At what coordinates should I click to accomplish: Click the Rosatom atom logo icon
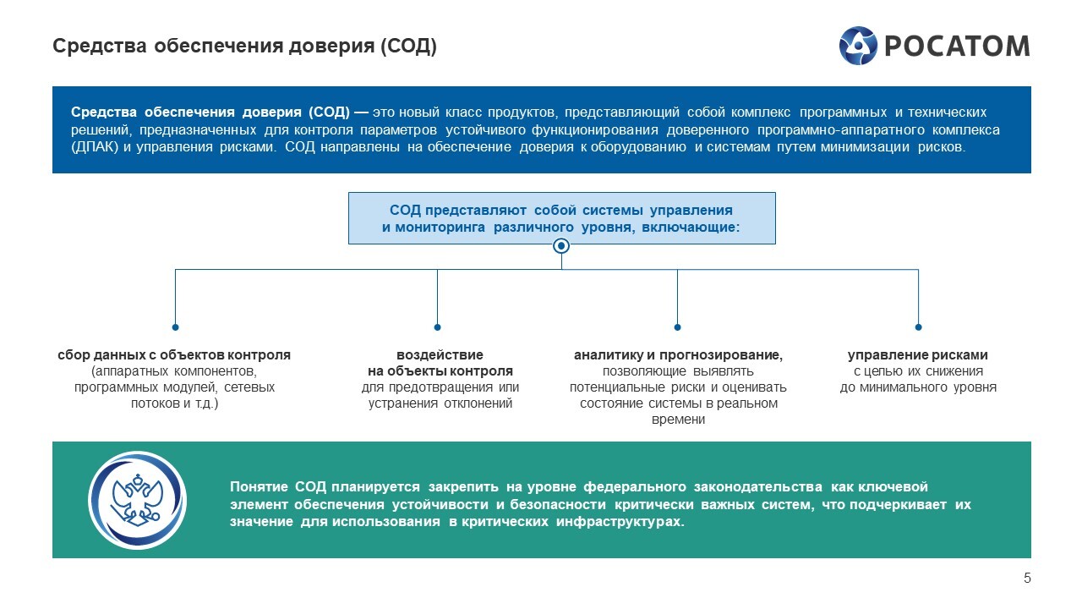858,46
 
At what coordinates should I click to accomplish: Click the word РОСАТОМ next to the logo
957,47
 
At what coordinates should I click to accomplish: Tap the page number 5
1027,578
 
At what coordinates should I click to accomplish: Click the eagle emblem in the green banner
137,500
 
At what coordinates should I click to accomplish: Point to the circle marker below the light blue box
560,246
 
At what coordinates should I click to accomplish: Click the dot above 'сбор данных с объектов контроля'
175,327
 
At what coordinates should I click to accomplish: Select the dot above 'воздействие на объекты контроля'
437,327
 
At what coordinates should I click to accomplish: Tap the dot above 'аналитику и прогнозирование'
677,327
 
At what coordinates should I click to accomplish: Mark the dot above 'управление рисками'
918,327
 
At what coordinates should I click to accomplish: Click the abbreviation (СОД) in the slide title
408,47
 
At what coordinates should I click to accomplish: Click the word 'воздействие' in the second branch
440,355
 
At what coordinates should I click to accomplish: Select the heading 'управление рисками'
918,355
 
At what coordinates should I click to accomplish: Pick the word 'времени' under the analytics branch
678,420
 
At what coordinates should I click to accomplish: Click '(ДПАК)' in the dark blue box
95,147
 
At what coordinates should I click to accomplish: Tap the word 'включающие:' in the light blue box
691,228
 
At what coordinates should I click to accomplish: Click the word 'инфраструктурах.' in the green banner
620,522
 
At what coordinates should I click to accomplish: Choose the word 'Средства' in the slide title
100,47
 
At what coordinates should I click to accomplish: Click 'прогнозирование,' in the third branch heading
721,355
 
